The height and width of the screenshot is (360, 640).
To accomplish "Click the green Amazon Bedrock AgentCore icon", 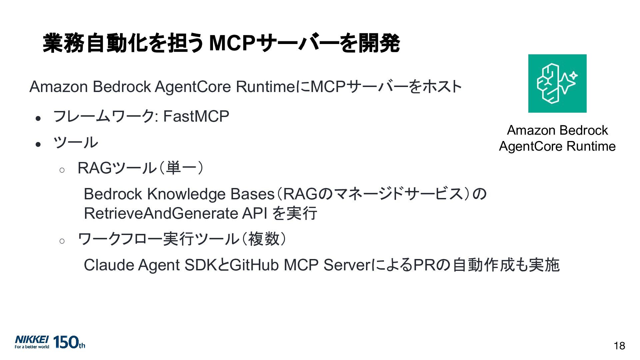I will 557,83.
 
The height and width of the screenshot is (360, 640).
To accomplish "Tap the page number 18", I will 619,346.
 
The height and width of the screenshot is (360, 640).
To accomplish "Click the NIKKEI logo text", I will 32,339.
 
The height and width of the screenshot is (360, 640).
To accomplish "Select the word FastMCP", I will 196,116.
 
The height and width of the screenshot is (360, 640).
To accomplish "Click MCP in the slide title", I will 232,43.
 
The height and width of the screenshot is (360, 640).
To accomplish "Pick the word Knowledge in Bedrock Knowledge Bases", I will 186,194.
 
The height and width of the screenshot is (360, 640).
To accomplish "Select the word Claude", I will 109,265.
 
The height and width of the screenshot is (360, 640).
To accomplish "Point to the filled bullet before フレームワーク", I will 38,118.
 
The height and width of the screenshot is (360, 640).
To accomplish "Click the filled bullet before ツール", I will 38,144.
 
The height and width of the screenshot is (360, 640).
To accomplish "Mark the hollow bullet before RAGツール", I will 62,170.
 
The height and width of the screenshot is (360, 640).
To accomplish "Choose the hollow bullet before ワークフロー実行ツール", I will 62,241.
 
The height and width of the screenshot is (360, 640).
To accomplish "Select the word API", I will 255,213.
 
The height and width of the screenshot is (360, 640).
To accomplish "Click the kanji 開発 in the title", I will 379,43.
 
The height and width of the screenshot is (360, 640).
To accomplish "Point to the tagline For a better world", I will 32,347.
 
